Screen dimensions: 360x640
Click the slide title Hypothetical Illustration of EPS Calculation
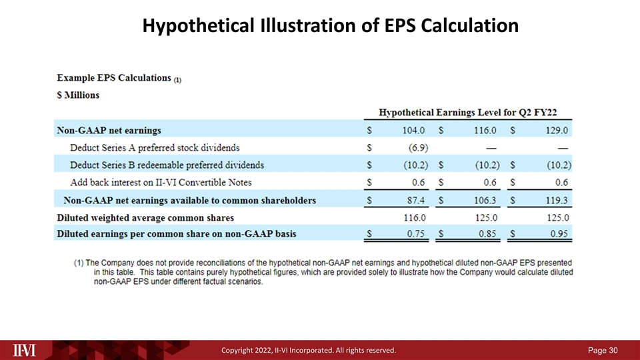pyautogui.click(x=331, y=25)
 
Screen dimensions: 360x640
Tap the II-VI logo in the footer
pyautogui.click(x=25, y=349)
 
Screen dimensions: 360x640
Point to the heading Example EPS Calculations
pyautogui.click(x=113, y=77)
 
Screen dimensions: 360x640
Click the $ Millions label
pyautogui.click(x=77, y=95)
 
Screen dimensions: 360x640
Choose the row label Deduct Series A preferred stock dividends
pyautogui.click(x=155, y=147)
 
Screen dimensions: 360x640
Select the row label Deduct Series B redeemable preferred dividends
pyautogui.click(x=167, y=165)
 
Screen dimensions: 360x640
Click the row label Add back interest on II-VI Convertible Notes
pyautogui.click(x=161, y=182)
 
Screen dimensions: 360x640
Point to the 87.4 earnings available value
pyautogui.click(x=416, y=200)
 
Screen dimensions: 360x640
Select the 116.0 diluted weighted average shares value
pyautogui.click(x=414, y=217)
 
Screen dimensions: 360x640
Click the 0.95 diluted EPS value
pyautogui.click(x=557, y=233)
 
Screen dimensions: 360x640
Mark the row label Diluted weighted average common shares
pyautogui.click(x=145, y=217)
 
